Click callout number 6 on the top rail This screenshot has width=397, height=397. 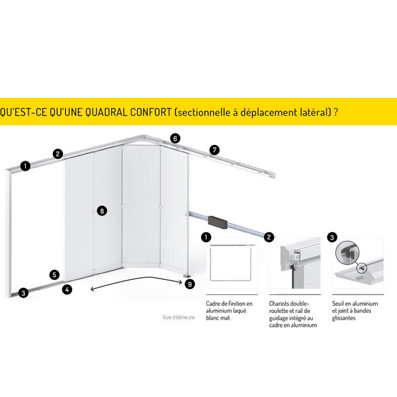tap(175, 138)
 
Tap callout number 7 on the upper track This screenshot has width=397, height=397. tap(214, 150)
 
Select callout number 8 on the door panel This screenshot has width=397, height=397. tap(102, 211)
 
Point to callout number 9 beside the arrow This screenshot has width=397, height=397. tap(190, 284)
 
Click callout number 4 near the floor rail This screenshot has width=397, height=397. tap(67, 289)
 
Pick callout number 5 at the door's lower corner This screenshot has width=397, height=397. tap(54, 275)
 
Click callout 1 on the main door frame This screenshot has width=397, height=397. tap(25, 166)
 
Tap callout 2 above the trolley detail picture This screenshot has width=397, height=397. tap(269, 238)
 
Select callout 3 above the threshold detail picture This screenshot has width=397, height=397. tap(332, 238)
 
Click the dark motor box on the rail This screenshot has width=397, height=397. tap(218, 222)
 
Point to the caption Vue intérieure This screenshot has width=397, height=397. tap(179, 317)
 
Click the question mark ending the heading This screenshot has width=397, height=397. tap(335, 112)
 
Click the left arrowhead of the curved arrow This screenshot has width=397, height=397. tap(93, 289)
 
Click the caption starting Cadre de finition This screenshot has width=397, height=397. tap(229, 311)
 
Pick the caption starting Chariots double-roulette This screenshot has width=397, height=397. tap(293, 314)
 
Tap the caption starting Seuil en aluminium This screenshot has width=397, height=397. tap(355, 311)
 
